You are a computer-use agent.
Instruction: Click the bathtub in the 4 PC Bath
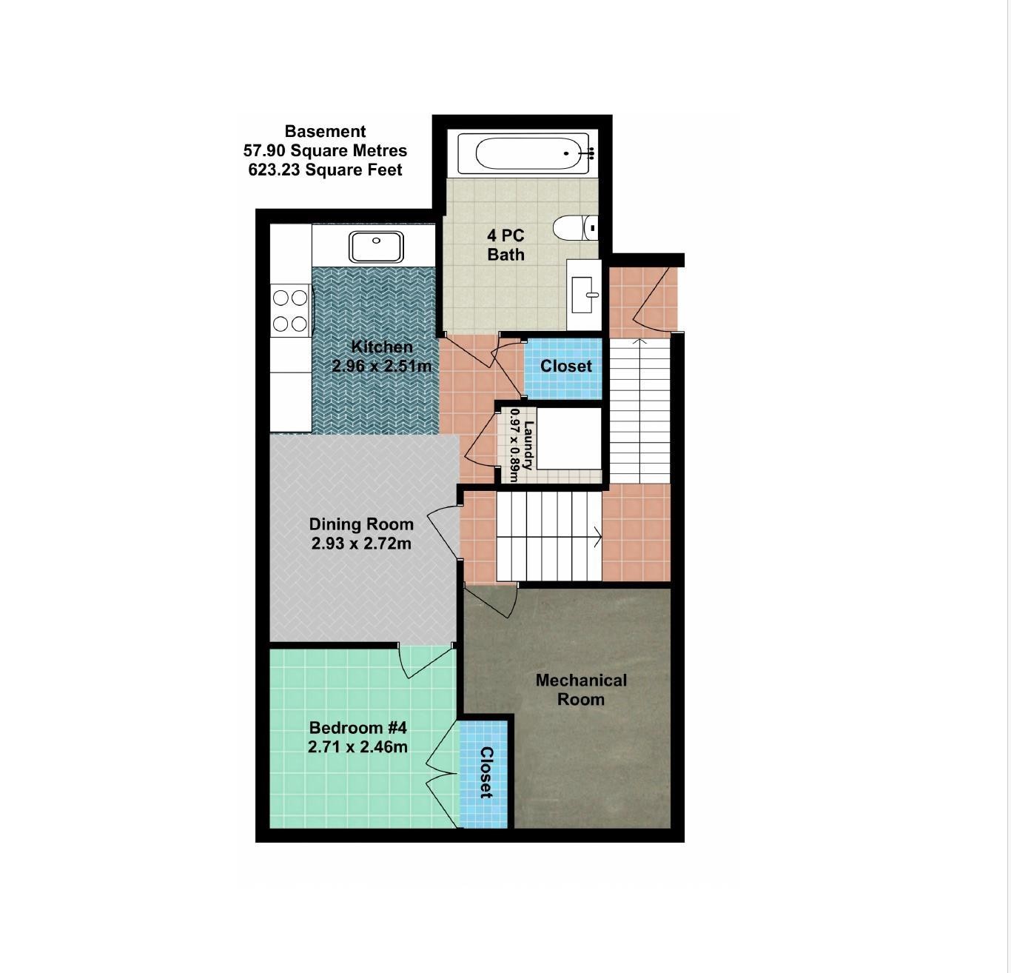[523, 153]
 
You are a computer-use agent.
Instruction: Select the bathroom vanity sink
[584, 295]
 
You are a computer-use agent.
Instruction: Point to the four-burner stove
[290, 310]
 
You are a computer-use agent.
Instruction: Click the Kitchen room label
[382, 347]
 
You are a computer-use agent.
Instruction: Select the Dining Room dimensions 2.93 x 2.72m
[361, 544]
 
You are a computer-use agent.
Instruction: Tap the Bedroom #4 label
[358, 727]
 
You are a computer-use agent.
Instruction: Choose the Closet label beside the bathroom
[566, 366]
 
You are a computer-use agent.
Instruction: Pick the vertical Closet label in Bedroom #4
[486, 772]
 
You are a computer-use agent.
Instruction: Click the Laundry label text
[528, 445]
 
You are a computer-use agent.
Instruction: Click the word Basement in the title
[325, 131]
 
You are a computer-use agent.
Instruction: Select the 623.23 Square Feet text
[325, 170]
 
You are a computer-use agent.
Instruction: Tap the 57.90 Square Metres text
[325, 151]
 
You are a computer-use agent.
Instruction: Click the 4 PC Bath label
[505, 244]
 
